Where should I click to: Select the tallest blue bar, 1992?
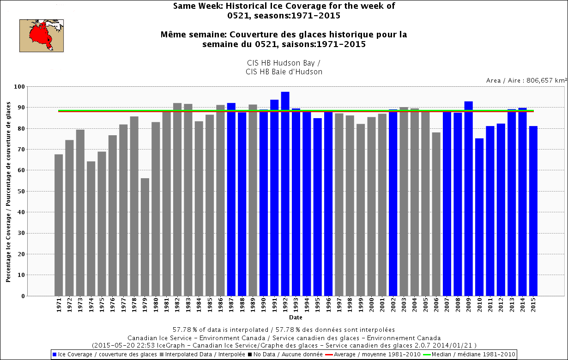tap(285, 194)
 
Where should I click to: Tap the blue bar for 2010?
tap(479, 217)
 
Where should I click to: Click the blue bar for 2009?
tap(469, 198)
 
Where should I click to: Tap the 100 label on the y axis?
tap(19, 87)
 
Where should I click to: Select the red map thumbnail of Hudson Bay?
tap(42, 36)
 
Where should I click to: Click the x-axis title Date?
tap(296, 318)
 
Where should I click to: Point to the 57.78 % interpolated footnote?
tap(284, 330)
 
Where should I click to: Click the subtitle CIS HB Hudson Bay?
tap(284, 63)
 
